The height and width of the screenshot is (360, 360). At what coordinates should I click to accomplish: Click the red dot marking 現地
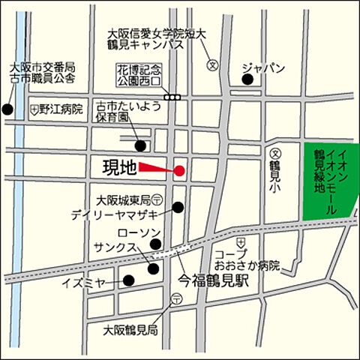coord(179,171)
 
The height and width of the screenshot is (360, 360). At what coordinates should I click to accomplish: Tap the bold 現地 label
coord(119,167)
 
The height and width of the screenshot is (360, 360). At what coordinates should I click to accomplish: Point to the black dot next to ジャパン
coord(245,78)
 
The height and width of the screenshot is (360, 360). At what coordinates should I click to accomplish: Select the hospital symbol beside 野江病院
coord(34,109)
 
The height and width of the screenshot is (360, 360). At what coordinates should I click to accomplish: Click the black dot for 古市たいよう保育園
coord(139,145)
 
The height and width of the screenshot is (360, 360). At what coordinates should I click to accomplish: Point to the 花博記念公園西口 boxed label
coord(139,73)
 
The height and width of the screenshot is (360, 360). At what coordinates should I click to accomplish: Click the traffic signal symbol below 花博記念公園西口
coord(174,97)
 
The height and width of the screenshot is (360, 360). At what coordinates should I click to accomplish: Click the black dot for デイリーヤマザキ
coord(178,208)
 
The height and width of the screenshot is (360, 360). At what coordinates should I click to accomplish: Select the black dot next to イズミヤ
coord(128,281)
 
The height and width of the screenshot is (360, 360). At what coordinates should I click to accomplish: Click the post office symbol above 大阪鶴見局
coord(175,298)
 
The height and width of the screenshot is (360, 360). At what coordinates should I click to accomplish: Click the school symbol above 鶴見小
coord(274,150)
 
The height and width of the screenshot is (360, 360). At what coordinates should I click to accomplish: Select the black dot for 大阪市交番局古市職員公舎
coord(7,110)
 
